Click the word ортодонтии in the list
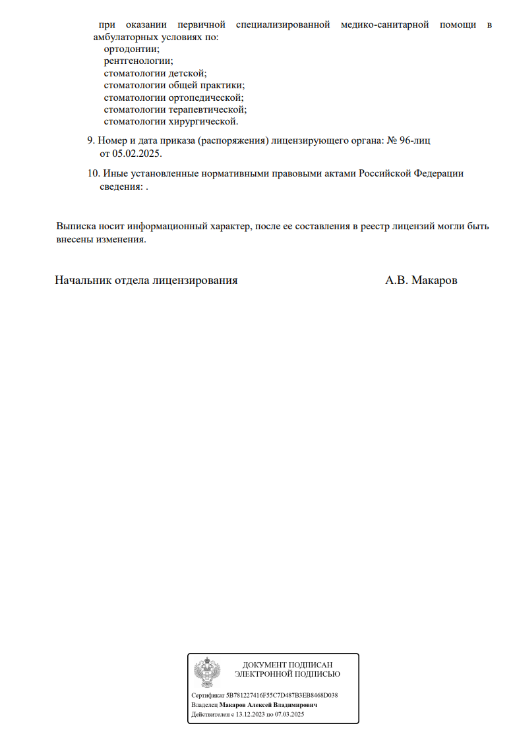click(131, 49)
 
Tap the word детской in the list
click(187, 73)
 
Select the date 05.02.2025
click(136, 154)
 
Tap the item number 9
click(91, 141)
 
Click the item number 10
click(93, 174)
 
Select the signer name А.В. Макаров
click(421, 280)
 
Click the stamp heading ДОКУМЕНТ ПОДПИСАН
click(287, 665)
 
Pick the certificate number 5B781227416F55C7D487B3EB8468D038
click(283, 695)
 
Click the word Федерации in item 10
click(438, 174)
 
